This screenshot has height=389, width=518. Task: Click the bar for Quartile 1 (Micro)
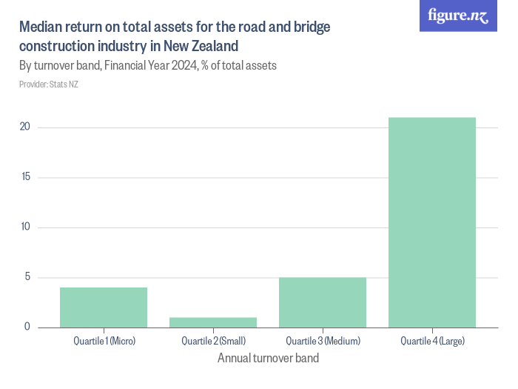tap(104, 307)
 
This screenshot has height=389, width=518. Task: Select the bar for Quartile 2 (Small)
tap(213, 322)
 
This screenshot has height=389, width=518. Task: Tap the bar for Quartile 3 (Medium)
tap(323, 302)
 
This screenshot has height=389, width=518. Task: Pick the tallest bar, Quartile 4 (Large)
tap(432, 222)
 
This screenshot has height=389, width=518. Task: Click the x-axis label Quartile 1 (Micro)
tap(104, 341)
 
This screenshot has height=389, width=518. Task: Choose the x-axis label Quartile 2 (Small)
tap(213, 341)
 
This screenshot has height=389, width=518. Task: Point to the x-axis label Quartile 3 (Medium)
tap(323, 341)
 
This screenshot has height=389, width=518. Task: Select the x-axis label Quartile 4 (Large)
tap(432, 341)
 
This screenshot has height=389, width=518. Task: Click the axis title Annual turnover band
tap(268, 359)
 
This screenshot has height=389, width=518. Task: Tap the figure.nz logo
tap(458, 16)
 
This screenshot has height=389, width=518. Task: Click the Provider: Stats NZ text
tap(49, 84)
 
